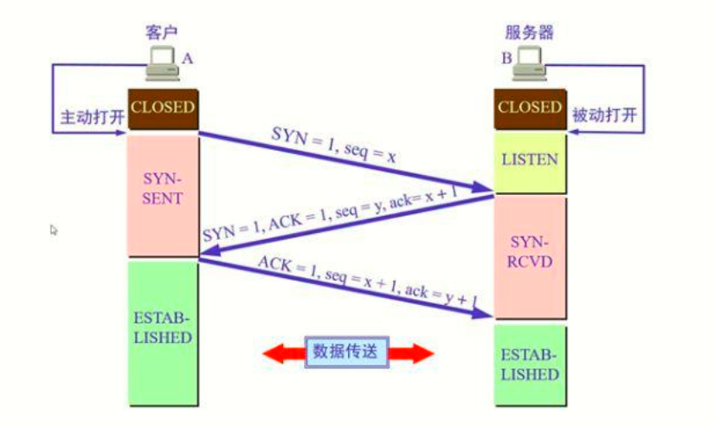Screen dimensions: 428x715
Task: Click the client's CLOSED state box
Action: click(163, 109)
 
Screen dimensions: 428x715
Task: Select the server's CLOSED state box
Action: click(530, 109)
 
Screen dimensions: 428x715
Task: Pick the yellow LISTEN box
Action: click(530, 159)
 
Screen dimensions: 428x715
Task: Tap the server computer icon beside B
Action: click(530, 61)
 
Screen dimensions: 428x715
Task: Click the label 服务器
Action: click(529, 33)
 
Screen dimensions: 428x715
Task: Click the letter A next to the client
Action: click(187, 58)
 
